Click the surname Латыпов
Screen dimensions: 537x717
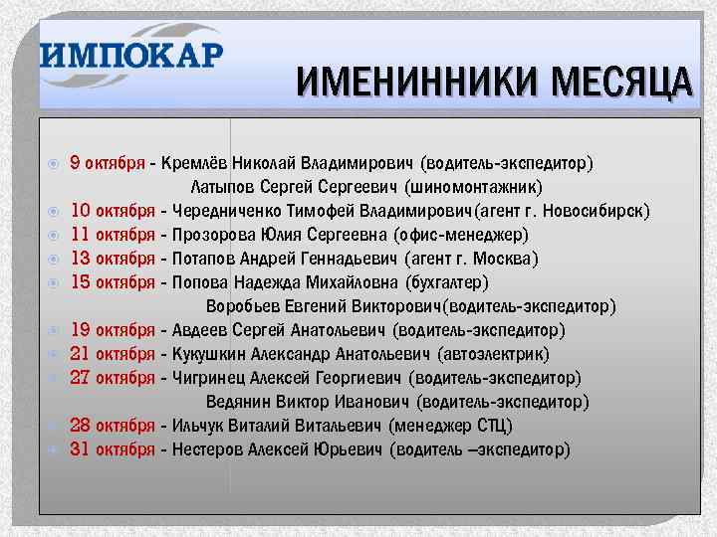(x=221, y=187)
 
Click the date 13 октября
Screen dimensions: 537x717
(x=113, y=259)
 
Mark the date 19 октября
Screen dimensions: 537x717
(x=113, y=330)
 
